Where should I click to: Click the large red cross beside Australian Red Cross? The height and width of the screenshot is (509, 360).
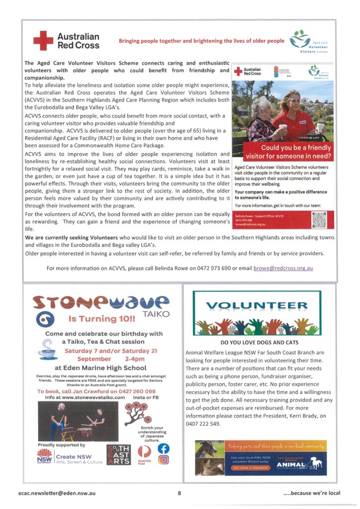pos(43,40)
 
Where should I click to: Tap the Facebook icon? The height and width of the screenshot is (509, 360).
pos(164,448)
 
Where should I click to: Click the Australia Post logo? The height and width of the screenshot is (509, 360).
pos(144,453)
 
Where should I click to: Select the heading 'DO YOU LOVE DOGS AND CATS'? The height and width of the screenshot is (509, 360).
pos(256,342)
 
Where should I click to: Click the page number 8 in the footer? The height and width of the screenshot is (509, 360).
pos(179,493)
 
